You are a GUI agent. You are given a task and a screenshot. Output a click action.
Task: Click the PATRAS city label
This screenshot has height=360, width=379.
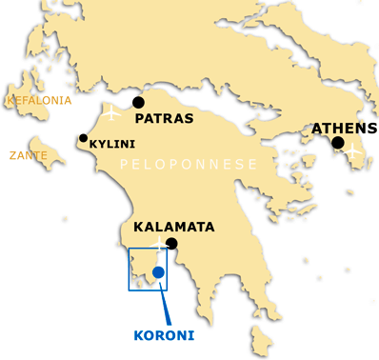tap(165, 120)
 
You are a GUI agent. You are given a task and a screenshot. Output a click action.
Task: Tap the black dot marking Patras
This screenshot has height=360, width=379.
tap(138, 102)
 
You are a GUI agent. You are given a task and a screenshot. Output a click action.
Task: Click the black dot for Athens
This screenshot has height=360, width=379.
tap(338, 143)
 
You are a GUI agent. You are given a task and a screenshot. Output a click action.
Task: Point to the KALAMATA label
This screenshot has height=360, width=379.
tap(174, 228)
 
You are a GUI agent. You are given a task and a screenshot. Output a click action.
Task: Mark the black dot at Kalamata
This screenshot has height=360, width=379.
tap(171, 244)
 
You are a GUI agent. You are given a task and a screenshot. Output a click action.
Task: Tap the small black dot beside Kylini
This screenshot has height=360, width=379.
tap(83, 139)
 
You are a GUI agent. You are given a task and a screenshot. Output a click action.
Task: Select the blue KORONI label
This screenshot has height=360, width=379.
tap(162, 334)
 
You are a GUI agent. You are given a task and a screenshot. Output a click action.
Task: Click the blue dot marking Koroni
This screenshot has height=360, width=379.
tap(158, 272)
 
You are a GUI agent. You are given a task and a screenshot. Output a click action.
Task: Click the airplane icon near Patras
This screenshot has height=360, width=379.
tap(113, 115)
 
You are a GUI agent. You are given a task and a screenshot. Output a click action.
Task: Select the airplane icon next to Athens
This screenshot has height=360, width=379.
tap(353, 150)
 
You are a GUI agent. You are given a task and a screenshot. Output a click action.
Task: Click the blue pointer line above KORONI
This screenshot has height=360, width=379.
tap(166, 305)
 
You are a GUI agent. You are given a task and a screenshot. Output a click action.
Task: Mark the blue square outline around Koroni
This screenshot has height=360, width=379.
tap(130, 270)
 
